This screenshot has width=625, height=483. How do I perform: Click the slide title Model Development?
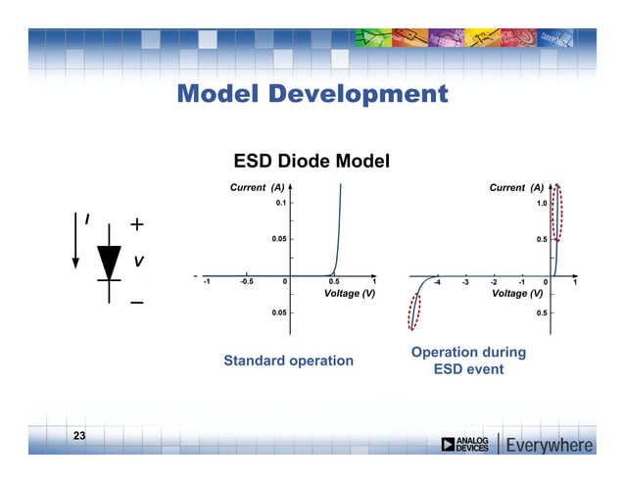(312, 94)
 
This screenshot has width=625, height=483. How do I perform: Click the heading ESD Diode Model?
(311, 160)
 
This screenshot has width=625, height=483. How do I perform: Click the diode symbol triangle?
(109, 260)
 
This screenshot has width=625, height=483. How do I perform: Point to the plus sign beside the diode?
(137, 225)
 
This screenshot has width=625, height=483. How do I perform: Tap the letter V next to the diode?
(139, 262)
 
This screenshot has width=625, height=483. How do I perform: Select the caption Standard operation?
(288, 361)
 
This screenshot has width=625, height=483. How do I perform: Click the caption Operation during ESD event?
(468, 361)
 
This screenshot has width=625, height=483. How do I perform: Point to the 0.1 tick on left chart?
(279, 203)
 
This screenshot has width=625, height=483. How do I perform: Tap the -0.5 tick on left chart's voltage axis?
(246, 282)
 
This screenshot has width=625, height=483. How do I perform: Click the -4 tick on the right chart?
(437, 282)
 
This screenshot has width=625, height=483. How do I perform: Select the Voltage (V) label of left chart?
(349, 293)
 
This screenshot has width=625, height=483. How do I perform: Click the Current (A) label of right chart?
(516, 186)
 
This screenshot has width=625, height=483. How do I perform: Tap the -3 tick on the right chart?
(465, 282)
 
